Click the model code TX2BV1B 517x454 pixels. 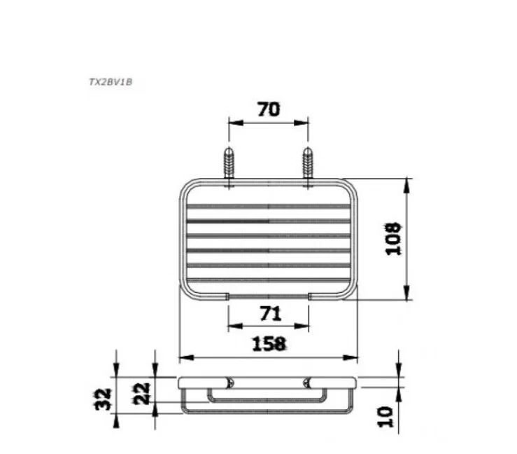[111, 82]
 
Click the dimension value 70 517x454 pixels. [269, 109]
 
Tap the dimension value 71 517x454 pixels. [271, 314]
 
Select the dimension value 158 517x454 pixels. [269, 343]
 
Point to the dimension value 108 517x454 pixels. [393, 239]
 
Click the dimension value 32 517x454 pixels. [104, 399]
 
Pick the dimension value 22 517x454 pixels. [142, 394]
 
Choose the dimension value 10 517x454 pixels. [385, 417]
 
